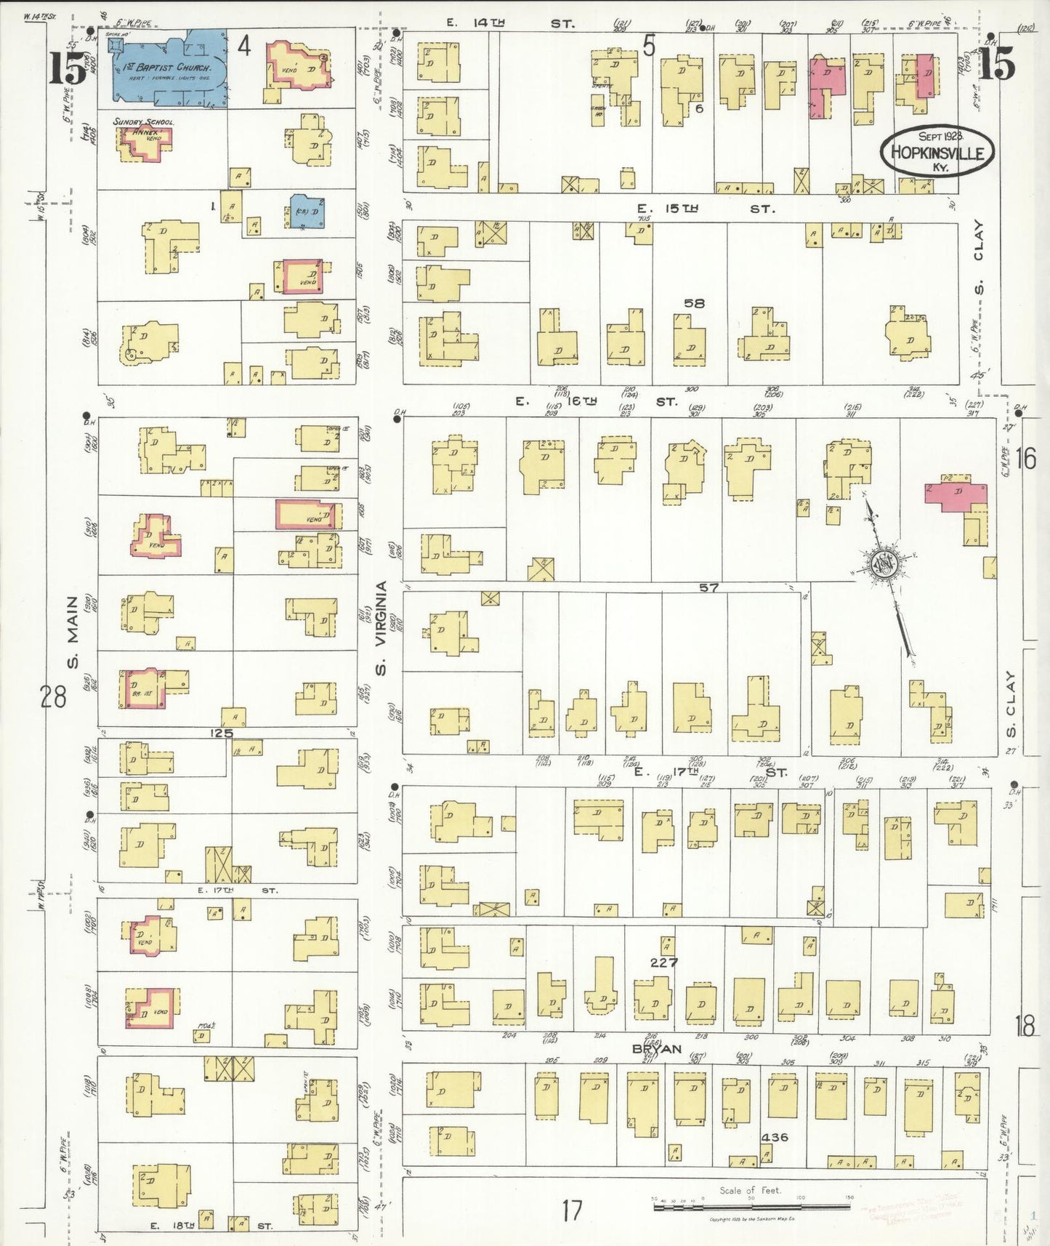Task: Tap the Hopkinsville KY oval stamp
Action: pos(937,152)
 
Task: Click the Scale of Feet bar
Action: pos(751,1206)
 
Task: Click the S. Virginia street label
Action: pos(381,627)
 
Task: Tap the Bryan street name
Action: pos(656,1048)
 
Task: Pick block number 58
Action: pos(694,303)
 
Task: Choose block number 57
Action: pos(708,587)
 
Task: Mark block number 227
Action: pos(663,962)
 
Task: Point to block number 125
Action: pos(221,733)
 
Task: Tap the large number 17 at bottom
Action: pos(572,1210)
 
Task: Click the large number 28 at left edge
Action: pos(53,696)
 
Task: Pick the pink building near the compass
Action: pos(955,492)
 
